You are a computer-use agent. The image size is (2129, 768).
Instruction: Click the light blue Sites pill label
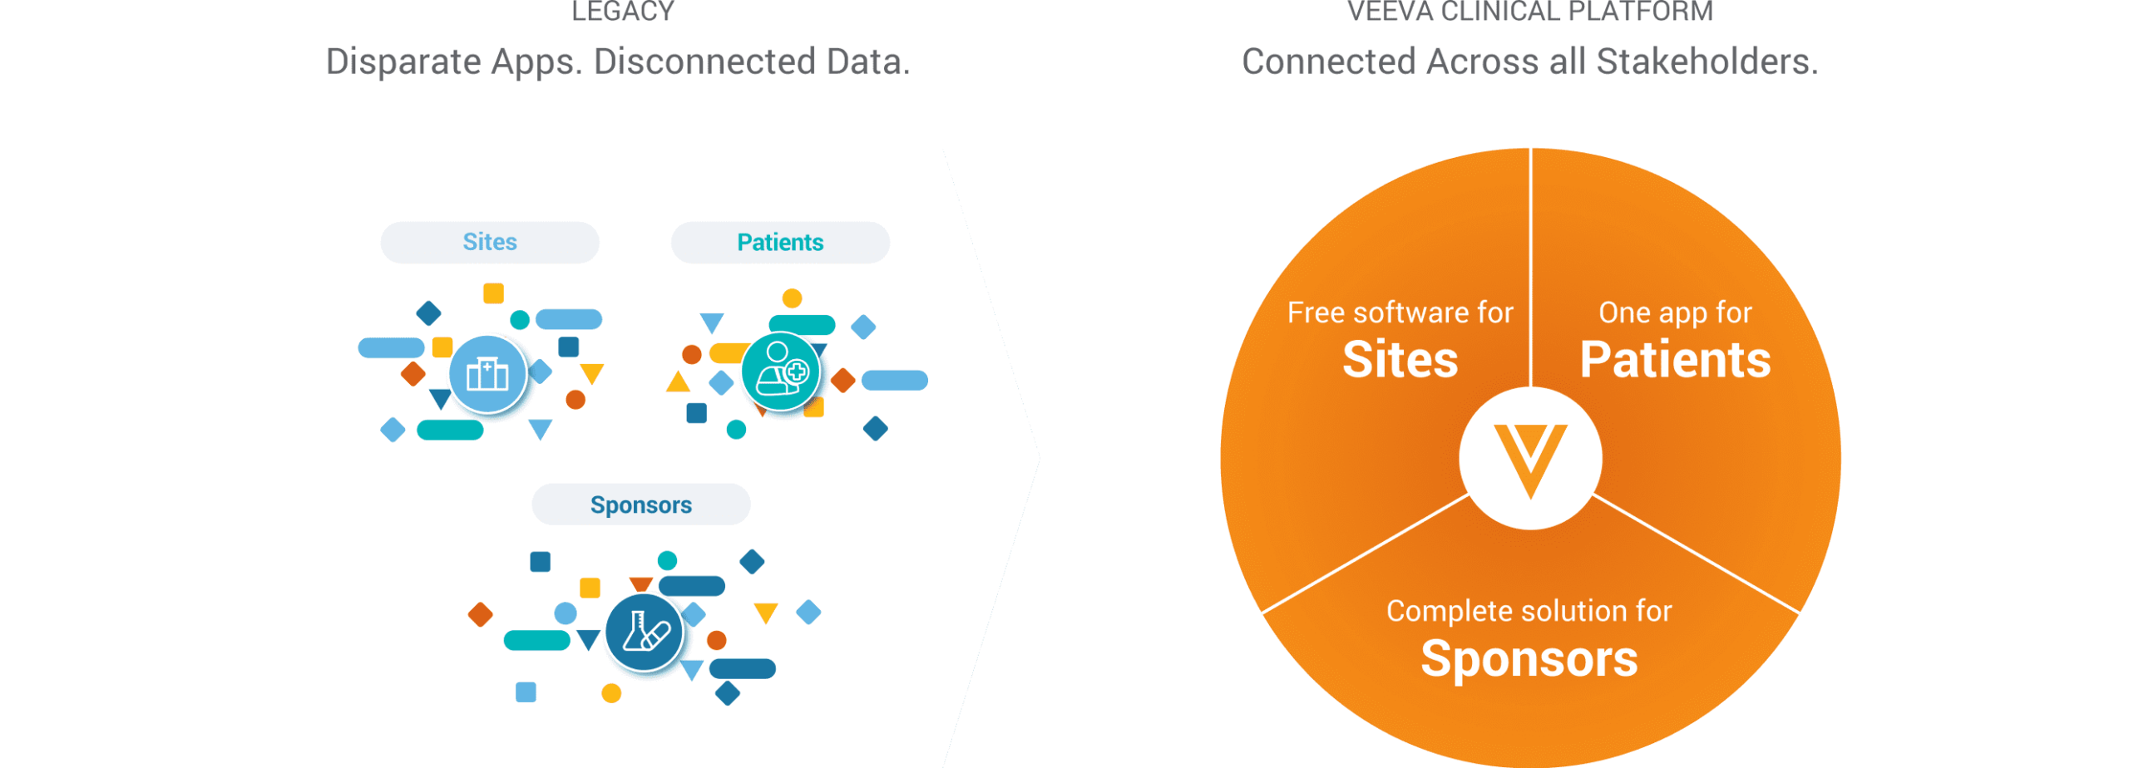(490, 243)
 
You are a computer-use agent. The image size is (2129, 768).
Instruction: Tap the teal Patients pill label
(780, 243)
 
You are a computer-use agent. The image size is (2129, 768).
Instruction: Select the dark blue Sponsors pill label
(641, 505)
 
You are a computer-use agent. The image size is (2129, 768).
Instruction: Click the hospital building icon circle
(488, 374)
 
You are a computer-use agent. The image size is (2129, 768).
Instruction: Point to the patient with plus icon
(780, 372)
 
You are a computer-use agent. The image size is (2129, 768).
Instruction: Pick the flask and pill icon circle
(645, 633)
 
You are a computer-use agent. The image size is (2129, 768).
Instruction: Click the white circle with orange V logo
(1530, 458)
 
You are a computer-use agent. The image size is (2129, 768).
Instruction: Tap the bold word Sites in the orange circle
(1400, 360)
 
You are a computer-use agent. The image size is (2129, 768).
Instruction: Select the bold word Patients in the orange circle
(1675, 360)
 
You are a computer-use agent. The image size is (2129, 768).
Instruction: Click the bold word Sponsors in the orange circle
(1529, 659)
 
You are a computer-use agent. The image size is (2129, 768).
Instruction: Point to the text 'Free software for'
(1400, 313)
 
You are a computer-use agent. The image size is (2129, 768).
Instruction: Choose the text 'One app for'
(1675, 313)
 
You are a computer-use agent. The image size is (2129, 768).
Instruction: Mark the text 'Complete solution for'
(1529, 611)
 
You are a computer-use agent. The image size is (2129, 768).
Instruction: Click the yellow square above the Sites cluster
(494, 293)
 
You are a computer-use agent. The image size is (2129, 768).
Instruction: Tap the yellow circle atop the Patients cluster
(793, 298)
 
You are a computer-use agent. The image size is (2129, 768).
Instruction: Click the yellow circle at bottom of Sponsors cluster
(611, 693)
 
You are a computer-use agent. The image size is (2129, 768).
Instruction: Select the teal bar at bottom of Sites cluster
(450, 430)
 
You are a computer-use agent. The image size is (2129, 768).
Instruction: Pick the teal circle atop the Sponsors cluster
(667, 560)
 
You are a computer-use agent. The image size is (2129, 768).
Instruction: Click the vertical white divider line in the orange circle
(1530, 266)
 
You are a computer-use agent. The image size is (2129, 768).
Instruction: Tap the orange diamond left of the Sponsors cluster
(481, 614)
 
